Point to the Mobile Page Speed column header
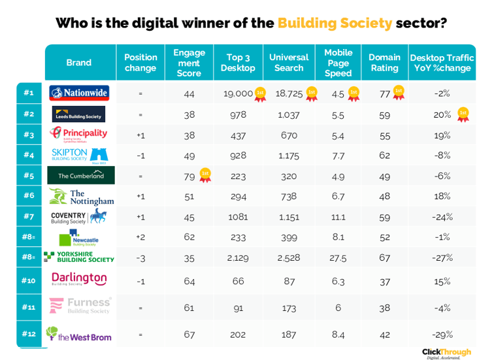point(338,63)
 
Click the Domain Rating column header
point(384,63)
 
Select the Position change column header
point(140,63)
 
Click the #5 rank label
point(29,175)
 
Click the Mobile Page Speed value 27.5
point(338,257)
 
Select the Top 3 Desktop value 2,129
point(238,257)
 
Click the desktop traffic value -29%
point(442,335)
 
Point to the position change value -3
point(140,257)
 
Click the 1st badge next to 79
point(205,174)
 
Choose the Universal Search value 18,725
point(289,93)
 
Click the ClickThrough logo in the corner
point(446,353)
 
